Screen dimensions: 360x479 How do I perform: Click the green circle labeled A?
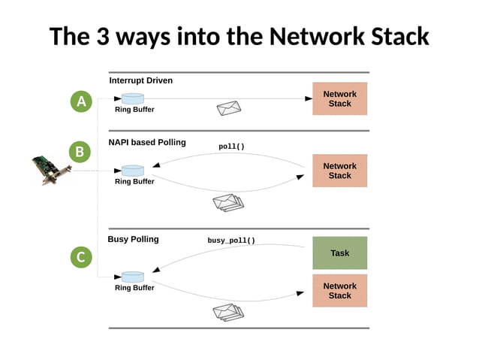(81, 101)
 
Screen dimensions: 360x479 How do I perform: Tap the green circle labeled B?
(79, 152)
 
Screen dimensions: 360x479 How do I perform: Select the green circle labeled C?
(81, 258)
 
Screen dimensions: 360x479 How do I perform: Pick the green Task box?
(339, 253)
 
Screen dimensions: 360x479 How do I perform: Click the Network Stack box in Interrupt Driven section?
(339, 98)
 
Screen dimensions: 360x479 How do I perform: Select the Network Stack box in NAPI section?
(339, 171)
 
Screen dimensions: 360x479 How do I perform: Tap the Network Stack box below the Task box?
(339, 291)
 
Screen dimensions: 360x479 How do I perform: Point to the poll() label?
(231, 147)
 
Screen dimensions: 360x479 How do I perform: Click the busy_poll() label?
(231, 241)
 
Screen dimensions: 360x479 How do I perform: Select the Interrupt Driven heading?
(140, 80)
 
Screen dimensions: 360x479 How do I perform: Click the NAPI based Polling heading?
(147, 142)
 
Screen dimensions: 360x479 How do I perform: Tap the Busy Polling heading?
(133, 239)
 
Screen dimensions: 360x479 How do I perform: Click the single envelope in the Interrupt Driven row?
(228, 109)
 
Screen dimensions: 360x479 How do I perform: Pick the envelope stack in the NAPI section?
(228, 202)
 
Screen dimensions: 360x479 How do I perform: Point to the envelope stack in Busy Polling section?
(228, 311)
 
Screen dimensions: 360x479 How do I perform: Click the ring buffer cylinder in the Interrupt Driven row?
(132, 98)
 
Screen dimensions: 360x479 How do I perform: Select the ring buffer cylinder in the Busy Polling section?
(132, 277)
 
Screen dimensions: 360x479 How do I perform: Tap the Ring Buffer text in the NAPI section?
(134, 182)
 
